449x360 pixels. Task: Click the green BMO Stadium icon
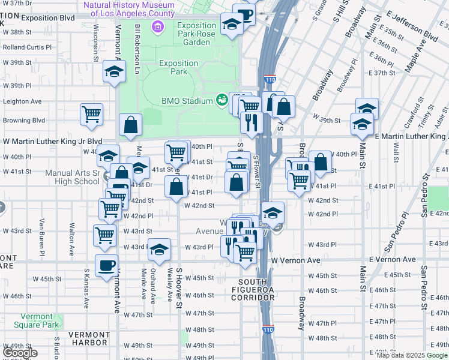pos(221,98)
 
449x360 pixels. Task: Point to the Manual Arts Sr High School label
pos(72,177)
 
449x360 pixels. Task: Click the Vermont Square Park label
pos(40,320)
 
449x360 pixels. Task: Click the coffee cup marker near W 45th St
pos(107,266)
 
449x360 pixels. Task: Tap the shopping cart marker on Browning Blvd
pos(91,113)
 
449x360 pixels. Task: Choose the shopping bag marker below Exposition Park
pos(130,125)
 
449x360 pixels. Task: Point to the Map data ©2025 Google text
pos(412,355)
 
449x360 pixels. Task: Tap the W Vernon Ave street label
pos(296,260)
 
